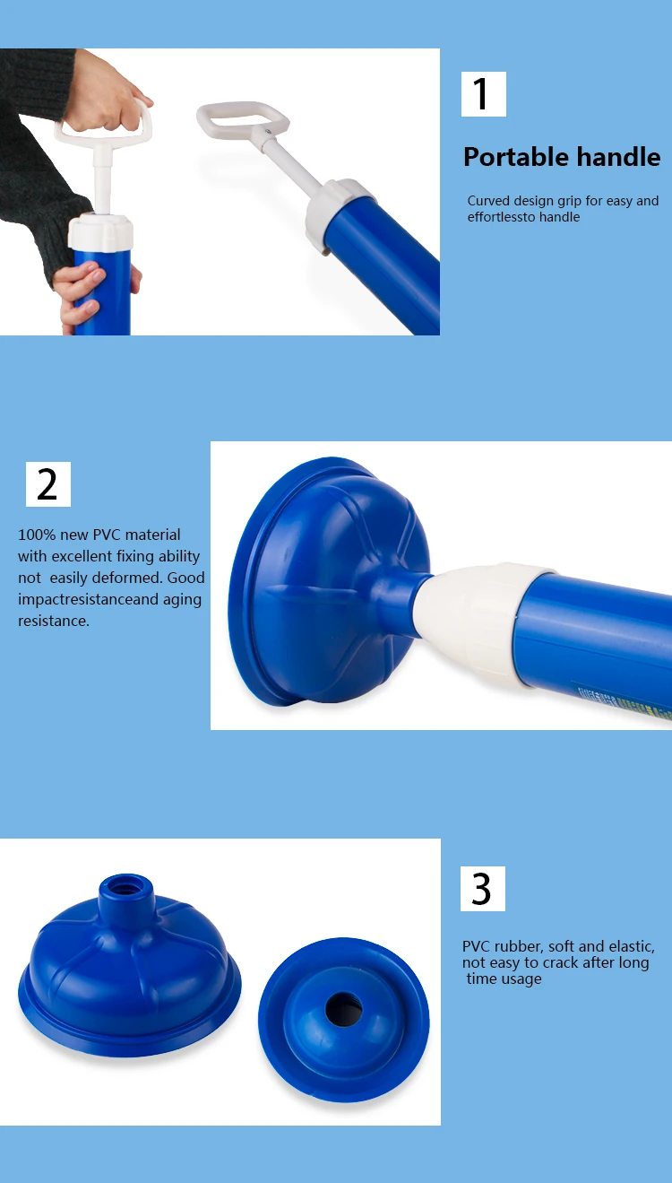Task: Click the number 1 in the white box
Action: (482, 94)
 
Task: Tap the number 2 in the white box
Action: (47, 484)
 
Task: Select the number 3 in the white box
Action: (482, 889)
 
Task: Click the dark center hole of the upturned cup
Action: (343, 1009)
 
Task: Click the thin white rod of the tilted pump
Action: (296, 166)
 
